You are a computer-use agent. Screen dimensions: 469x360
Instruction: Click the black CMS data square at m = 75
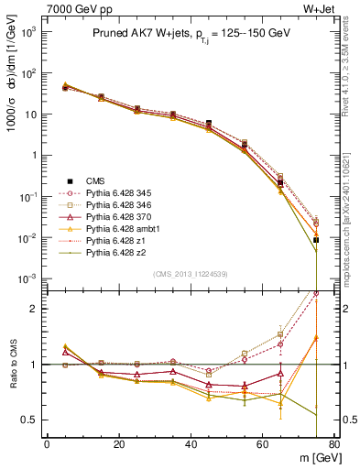[x=316, y=240]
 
